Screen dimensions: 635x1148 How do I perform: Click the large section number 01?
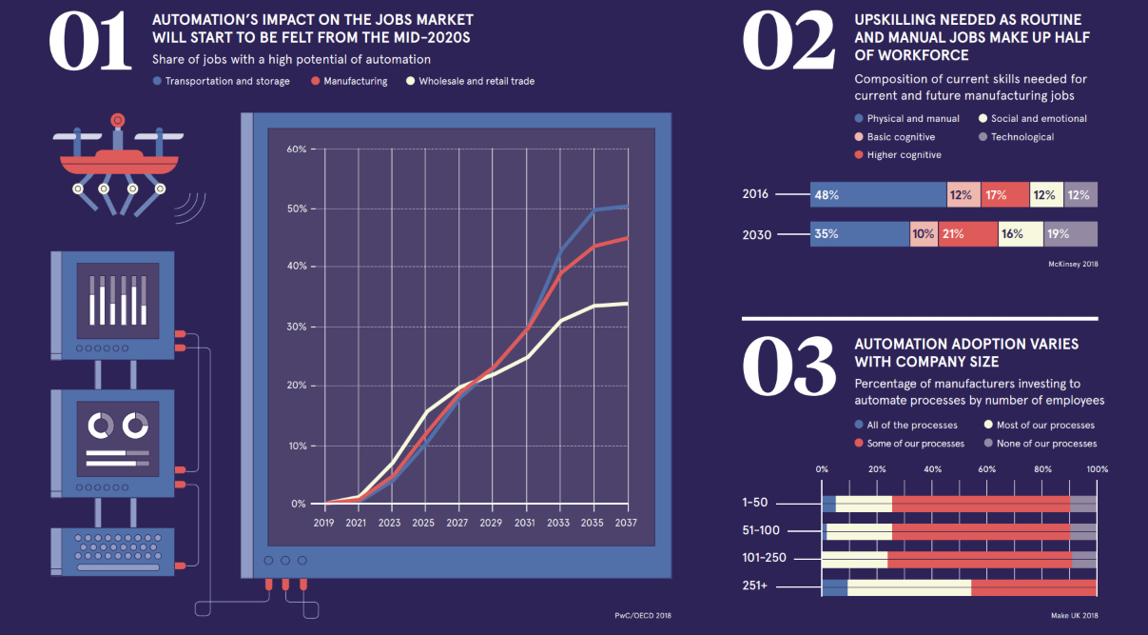[x=90, y=42]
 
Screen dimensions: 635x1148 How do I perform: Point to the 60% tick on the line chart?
[x=296, y=149]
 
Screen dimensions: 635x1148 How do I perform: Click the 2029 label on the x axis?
[x=491, y=523]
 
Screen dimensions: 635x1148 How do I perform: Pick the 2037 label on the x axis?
[x=626, y=523]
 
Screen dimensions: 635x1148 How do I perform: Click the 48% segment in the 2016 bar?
[x=877, y=195]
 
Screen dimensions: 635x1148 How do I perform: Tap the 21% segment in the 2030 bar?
[x=967, y=234]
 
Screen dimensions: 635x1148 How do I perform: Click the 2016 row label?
[x=755, y=194]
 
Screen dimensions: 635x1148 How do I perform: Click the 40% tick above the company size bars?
[x=932, y=469]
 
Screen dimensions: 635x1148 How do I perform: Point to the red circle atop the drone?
[x=118, y=120]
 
